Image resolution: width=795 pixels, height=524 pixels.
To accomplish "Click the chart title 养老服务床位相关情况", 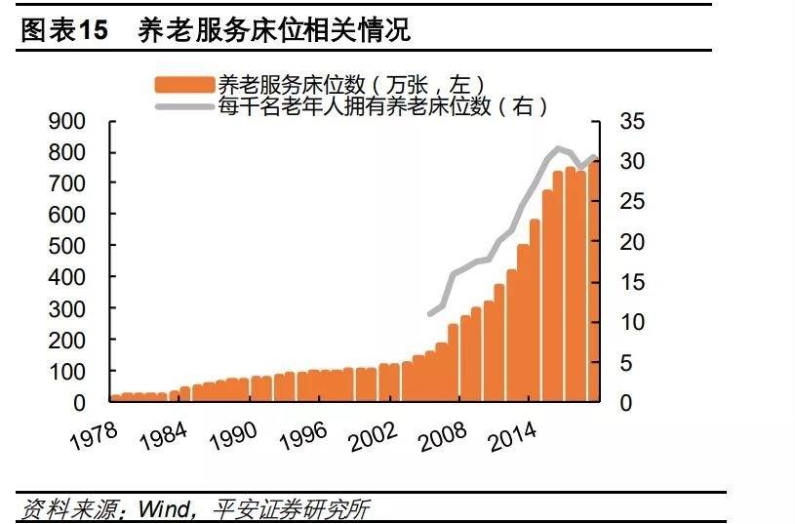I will (274, 30).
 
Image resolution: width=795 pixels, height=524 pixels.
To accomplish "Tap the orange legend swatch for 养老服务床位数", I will (183, 85).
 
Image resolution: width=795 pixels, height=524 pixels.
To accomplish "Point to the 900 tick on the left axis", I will (67, 121).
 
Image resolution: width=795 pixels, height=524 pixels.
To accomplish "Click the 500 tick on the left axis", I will (67, 246).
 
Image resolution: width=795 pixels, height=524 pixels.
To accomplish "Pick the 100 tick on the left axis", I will (67, 371).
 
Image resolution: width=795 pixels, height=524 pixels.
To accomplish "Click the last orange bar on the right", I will (593, 283).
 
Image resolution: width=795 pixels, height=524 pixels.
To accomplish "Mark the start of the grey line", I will (430, 313).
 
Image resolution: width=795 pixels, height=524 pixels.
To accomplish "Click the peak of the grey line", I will (558, 148).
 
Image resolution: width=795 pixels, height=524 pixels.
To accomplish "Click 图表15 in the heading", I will (63, 30).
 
